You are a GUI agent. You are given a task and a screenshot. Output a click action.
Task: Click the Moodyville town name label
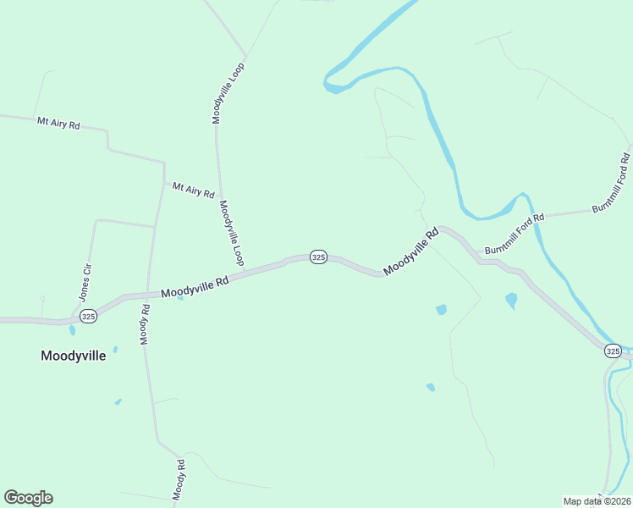click(73, 356)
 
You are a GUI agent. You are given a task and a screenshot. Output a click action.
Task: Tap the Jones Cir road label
click(85, 283)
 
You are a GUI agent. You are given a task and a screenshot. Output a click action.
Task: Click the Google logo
click(28, 498)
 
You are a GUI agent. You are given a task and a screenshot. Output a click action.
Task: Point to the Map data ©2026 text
click(597, 500)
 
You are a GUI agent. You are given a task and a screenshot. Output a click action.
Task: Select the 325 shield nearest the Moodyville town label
click(88, 315)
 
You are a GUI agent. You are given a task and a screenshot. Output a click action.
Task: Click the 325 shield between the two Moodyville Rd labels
click(317, 257)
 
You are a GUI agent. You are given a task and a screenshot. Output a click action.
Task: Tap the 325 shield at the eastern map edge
click(614, 351)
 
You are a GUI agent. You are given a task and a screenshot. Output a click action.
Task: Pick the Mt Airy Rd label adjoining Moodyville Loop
click(193, 190)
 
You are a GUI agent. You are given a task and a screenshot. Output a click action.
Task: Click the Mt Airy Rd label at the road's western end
click(58, 124)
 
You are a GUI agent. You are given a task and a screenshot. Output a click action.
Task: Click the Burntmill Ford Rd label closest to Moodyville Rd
click(514, 233)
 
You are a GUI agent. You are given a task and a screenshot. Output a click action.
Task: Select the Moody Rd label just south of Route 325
click(145, 325)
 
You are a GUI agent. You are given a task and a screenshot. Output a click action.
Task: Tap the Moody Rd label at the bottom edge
click(179, 480)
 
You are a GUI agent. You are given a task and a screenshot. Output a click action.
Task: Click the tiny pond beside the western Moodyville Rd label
click(180, 297)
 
